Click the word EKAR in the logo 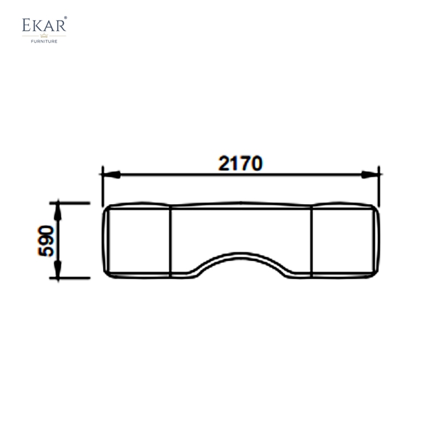coord(44,26)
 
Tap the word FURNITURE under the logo coord(44,41)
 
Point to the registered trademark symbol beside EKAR coord(66,18)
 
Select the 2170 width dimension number coord(240,164)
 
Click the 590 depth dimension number coord(47,240)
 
